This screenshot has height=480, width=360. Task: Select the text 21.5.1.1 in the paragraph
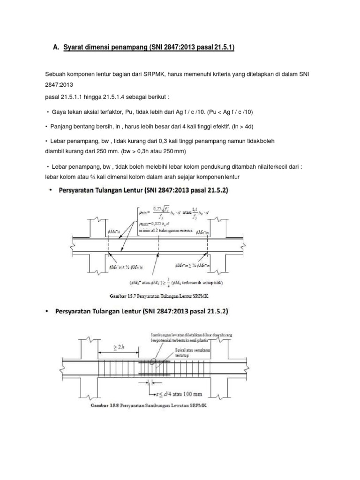(74, 97)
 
